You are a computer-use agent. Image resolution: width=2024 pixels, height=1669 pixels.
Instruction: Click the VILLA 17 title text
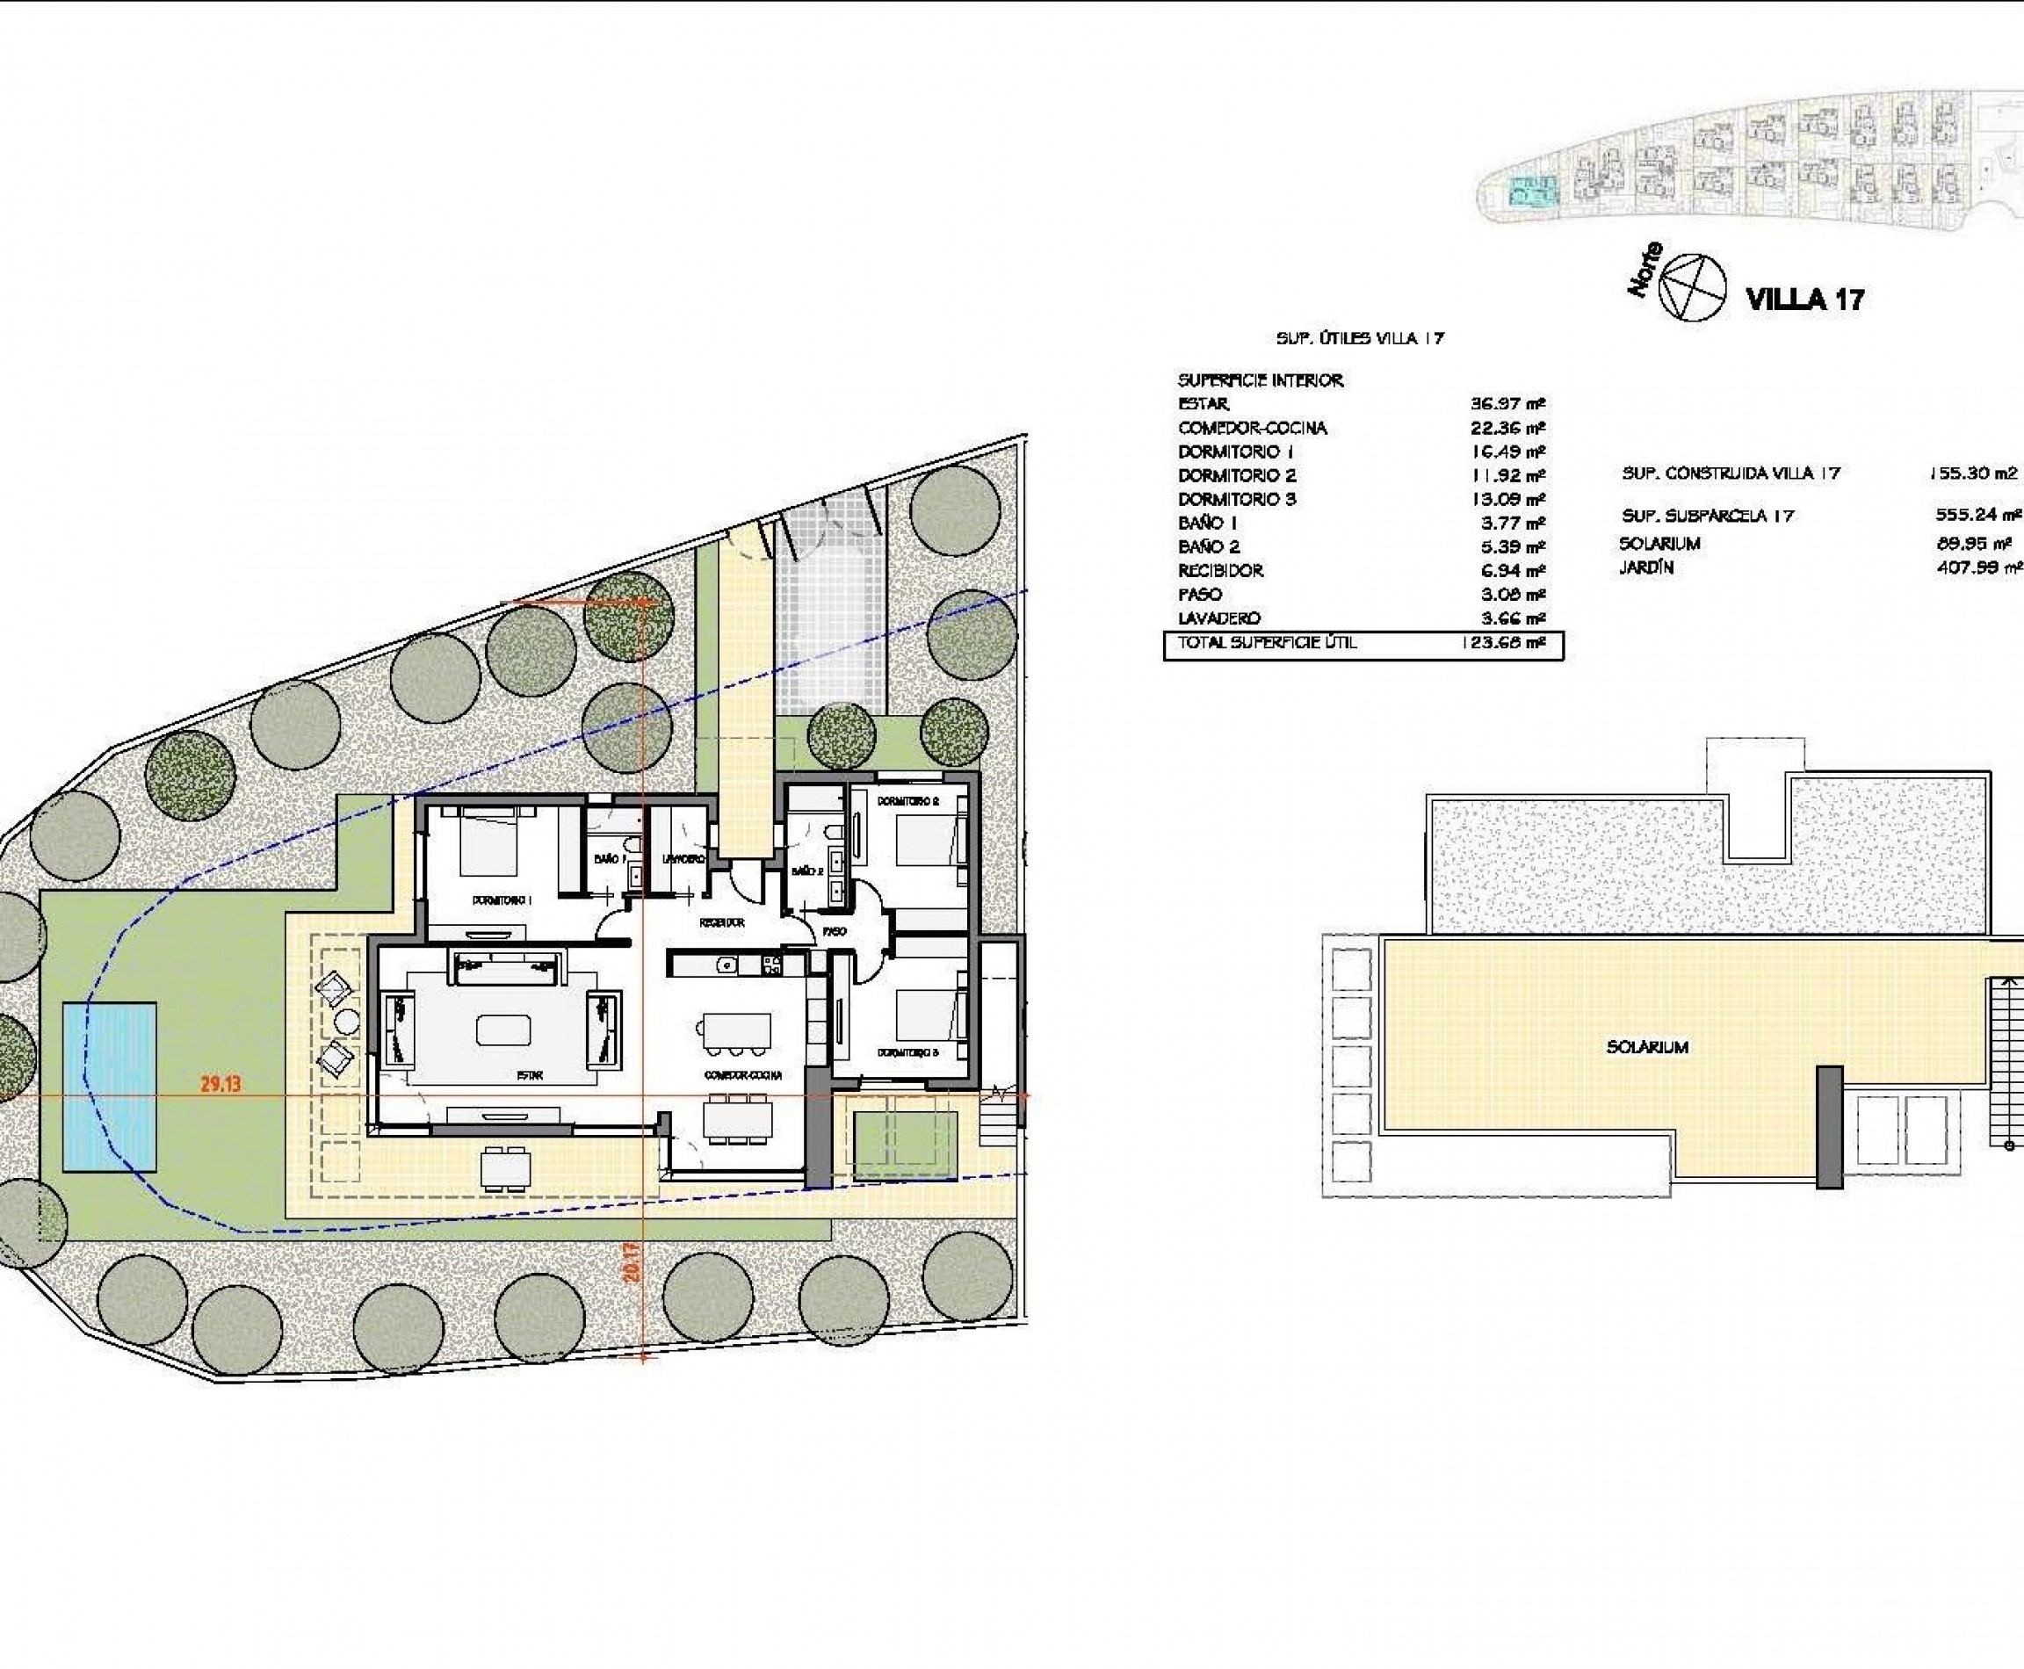click(x=1804, y=299)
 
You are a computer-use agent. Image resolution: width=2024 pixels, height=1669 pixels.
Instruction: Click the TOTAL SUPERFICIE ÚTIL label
click(x=1268, y=643)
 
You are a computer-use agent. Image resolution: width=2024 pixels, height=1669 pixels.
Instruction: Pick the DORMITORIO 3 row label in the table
click(x=1237, y=499)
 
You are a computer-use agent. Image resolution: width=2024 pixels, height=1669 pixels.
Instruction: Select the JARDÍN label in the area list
click(x=1646, y=568)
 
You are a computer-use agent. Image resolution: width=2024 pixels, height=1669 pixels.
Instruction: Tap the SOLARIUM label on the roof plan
click(x=1647, y=1047)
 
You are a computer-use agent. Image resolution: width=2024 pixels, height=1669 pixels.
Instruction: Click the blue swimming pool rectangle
click(x=110, y=1087)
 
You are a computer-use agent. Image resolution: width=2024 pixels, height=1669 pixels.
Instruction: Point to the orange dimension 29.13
click(x=220, y=1083)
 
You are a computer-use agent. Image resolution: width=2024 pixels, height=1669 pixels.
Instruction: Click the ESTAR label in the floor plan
click(x=530, y=1076)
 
